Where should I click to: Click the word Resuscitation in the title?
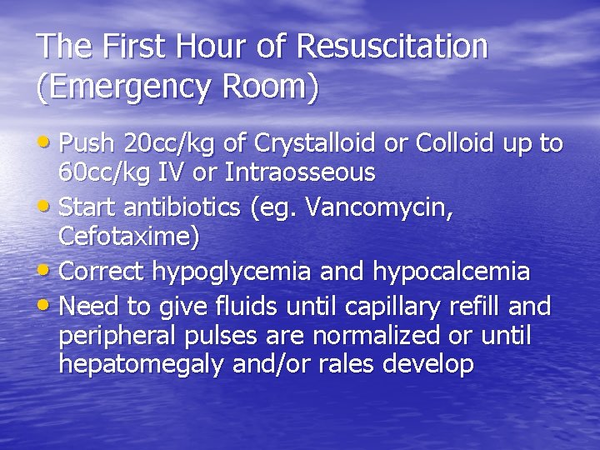click(391, 47)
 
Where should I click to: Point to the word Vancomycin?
click(380, 207)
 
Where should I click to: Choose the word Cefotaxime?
click(129, 237)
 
